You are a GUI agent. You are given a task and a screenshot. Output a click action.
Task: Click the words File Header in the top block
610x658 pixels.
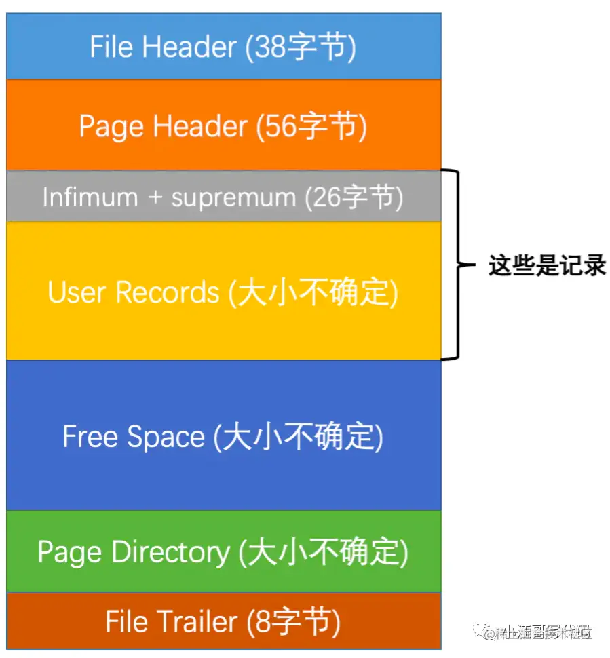coord(164,47)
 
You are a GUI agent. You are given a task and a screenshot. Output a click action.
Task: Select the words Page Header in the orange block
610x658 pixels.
coord(164,127)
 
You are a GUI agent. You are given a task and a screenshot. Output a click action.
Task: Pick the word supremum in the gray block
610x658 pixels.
coord(233,197)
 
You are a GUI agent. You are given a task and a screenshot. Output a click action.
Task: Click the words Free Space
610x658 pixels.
coord(134,436)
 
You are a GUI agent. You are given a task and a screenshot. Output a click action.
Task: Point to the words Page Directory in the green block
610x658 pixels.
coord(134,552)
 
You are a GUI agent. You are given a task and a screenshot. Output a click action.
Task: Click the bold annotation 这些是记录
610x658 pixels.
coord(547,266)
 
